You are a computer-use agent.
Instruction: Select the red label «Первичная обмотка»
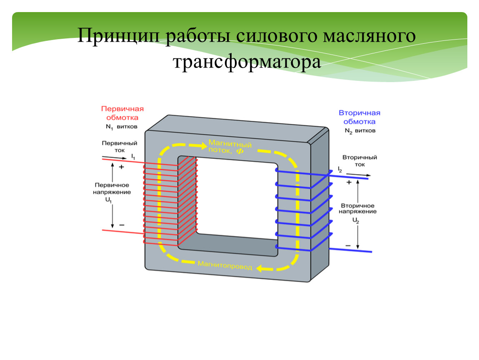point(122,113)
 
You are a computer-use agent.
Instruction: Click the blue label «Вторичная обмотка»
point(359,117)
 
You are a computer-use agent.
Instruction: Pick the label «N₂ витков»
point(359,131)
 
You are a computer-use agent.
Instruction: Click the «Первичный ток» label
point(120,146)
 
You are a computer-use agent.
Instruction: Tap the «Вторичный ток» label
point(359,161)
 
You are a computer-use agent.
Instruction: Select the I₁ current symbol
point(133,156)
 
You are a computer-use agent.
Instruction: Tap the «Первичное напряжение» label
point(112,188)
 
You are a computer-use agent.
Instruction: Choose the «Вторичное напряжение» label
point(357,209)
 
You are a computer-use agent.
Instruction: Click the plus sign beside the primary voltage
point(122,167)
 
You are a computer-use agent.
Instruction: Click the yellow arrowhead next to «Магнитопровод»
point(260,269)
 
